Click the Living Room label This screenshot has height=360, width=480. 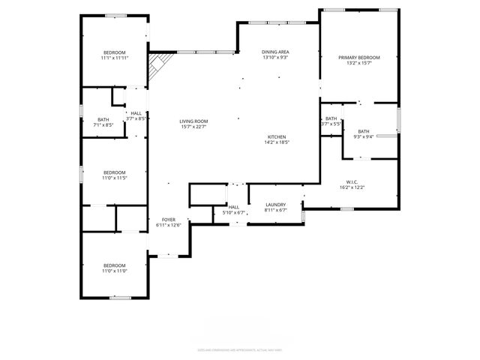(x=193, y=121)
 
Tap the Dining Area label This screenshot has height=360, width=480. (x=275, y=51)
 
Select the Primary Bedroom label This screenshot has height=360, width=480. (x=359, y=58)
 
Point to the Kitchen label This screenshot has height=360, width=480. (x=277, y=136)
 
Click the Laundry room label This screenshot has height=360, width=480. (x=276, y=204)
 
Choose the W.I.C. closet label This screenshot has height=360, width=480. (x=352, y=181)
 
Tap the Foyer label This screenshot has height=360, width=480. (x=169, y=219)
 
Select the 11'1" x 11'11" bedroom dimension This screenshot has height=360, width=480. (x=115, y=58)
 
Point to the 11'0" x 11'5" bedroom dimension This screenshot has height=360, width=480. (x=115, y=178)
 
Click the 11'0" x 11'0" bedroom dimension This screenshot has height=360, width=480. (x=115, y=271)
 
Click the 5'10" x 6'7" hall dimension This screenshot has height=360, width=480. (x=234, y=213)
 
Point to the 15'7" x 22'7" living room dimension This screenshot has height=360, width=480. (x=193, y=127)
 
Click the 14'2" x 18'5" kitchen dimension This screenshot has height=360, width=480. (x=277, y=142)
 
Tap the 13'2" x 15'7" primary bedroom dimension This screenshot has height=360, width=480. (x=359, y=64)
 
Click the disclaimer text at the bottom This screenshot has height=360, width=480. (x=239, y=349)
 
